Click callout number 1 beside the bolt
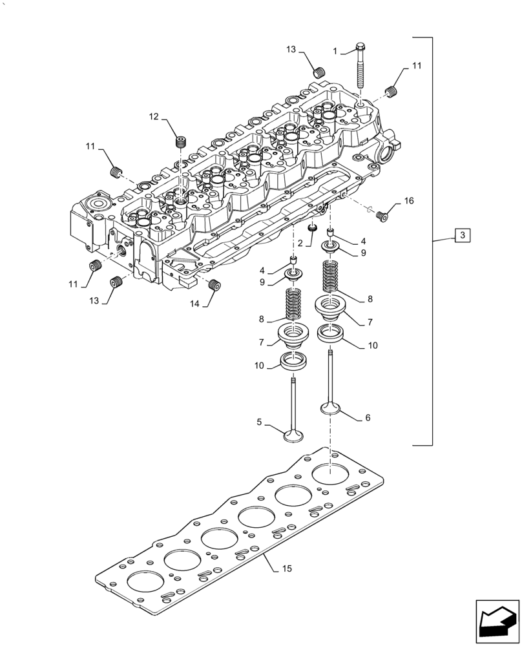click(335, 50)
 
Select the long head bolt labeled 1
click(360, 67)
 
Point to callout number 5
click(259, 422)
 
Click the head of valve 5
click(293, 436)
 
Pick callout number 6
click(368, 418)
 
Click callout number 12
click(154, 116)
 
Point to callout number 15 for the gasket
click(287, 569)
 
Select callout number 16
click(408, 202)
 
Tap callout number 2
click(300, 243)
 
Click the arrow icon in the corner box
click(497, 622)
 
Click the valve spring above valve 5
click(293, 304)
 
